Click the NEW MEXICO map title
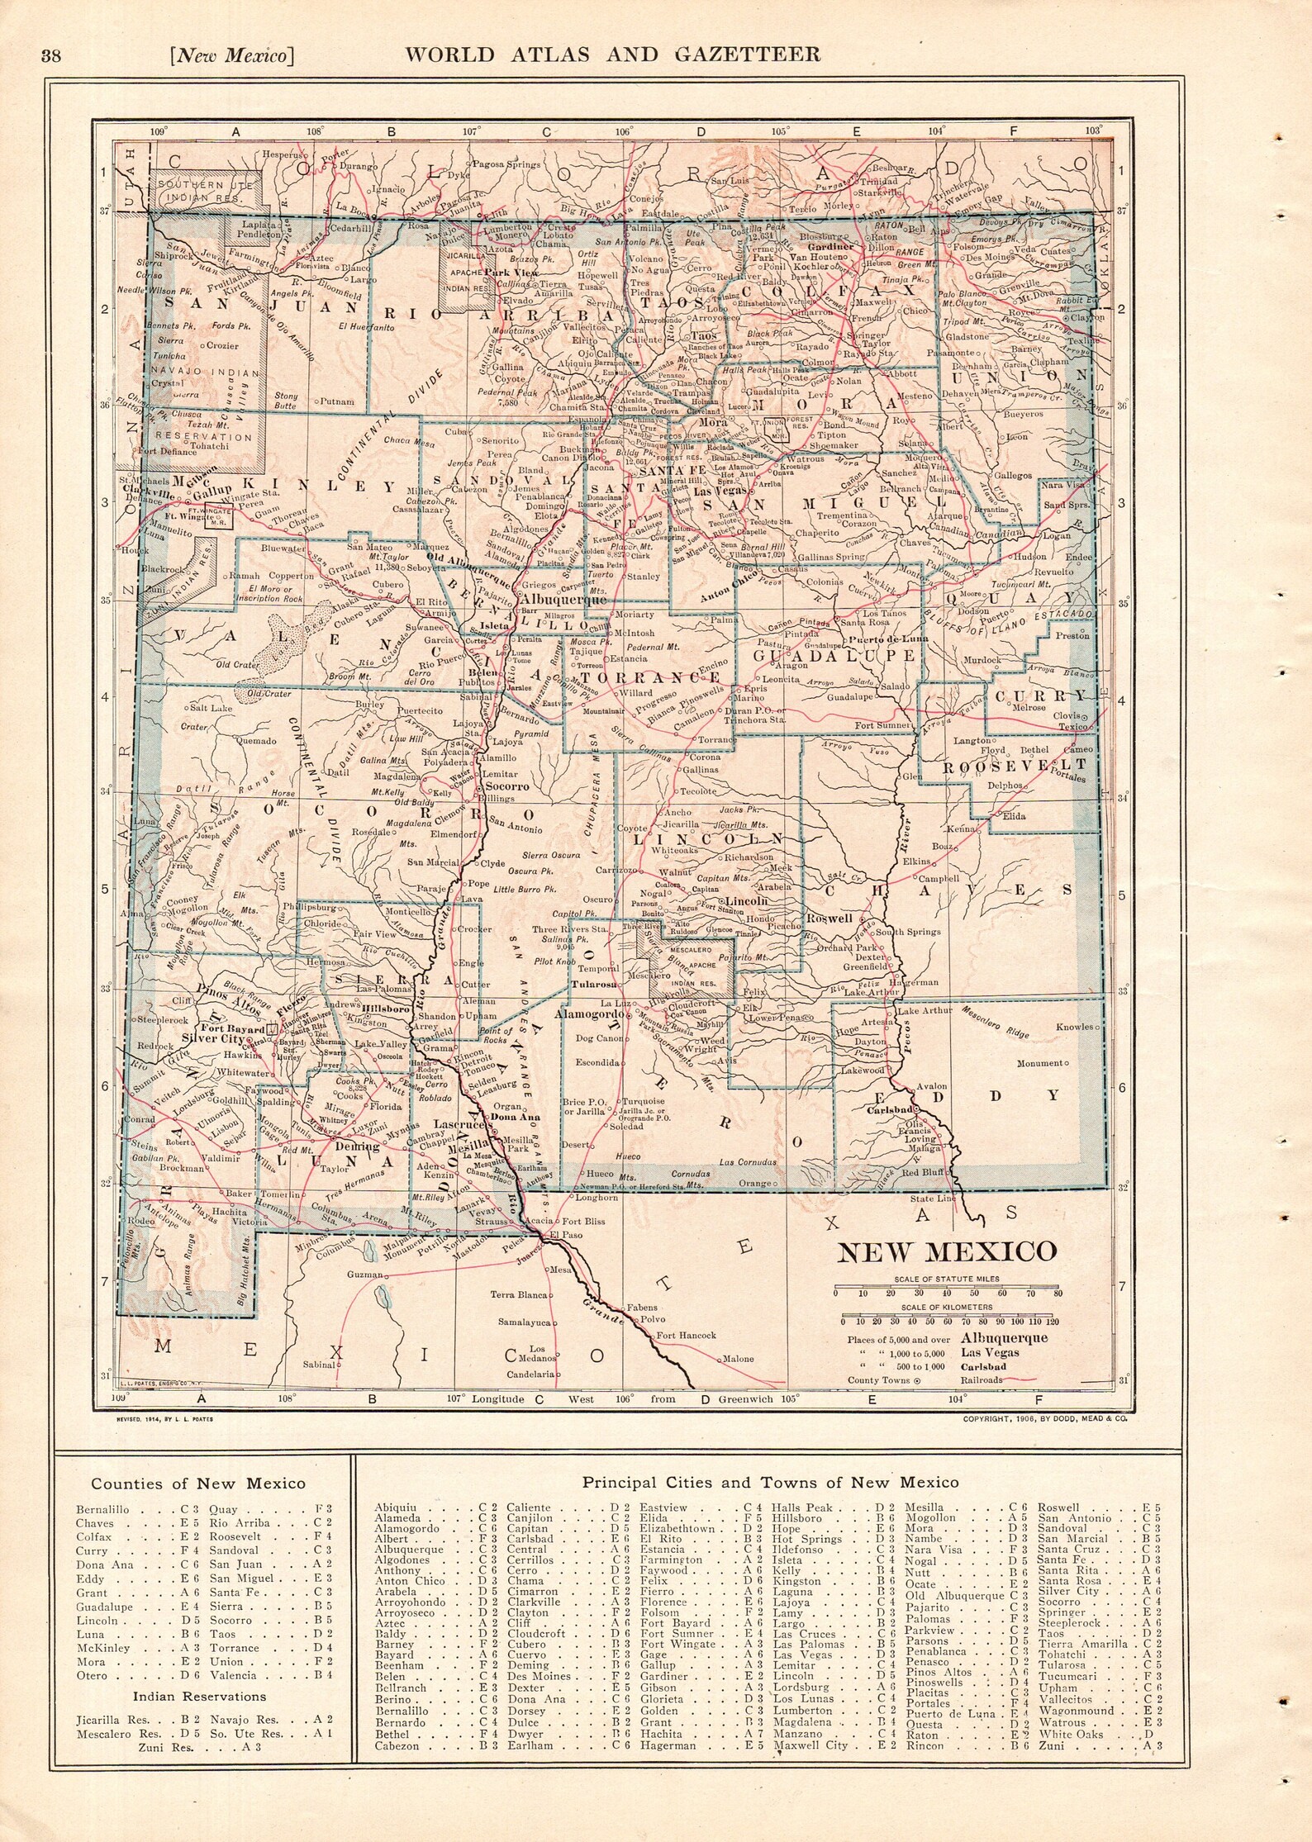(x=947, y=1251)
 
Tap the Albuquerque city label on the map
(x=561, y=601)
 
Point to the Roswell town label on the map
(x=830, y=918)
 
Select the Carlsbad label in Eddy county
(x=888, y=1109)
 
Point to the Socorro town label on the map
(x=506, y=786)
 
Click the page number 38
(x=51, y=56)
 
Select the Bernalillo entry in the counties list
(x=103, y=1509)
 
